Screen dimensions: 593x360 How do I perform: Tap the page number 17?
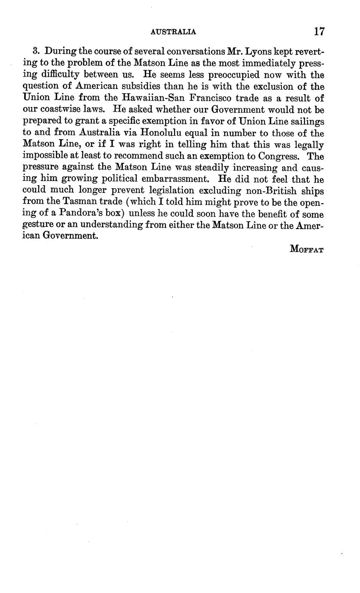click(319, 31)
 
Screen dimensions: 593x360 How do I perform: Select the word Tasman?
click(82, 202)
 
